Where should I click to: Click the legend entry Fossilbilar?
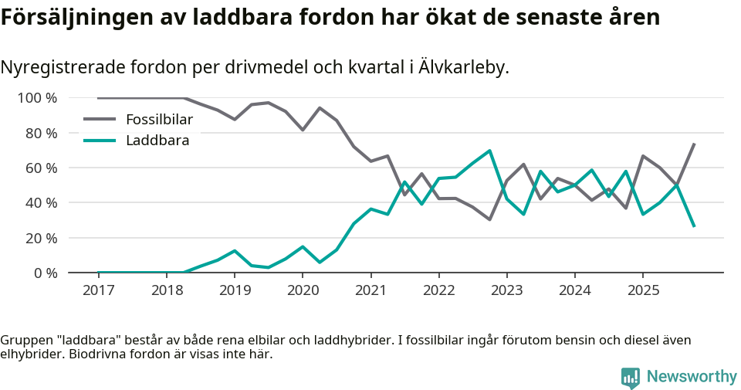point(159,119)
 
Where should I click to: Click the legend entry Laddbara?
point(157,141)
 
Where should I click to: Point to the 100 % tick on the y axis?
point(37,98)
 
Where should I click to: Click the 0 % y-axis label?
point(44,273)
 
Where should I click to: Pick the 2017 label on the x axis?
point(99,290)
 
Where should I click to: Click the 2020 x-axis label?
point(303,290)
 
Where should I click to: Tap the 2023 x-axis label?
point(506,290)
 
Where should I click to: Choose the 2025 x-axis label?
point(643,290)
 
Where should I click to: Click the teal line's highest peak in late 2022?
point(489,151)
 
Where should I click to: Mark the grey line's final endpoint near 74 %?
point(694,144)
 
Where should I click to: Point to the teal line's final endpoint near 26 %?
point(694,226)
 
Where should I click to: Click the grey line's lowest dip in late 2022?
point(489,219)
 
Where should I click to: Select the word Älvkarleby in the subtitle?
point(463,67)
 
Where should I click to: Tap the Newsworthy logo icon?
point(630,377)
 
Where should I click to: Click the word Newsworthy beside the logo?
point(692,377)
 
